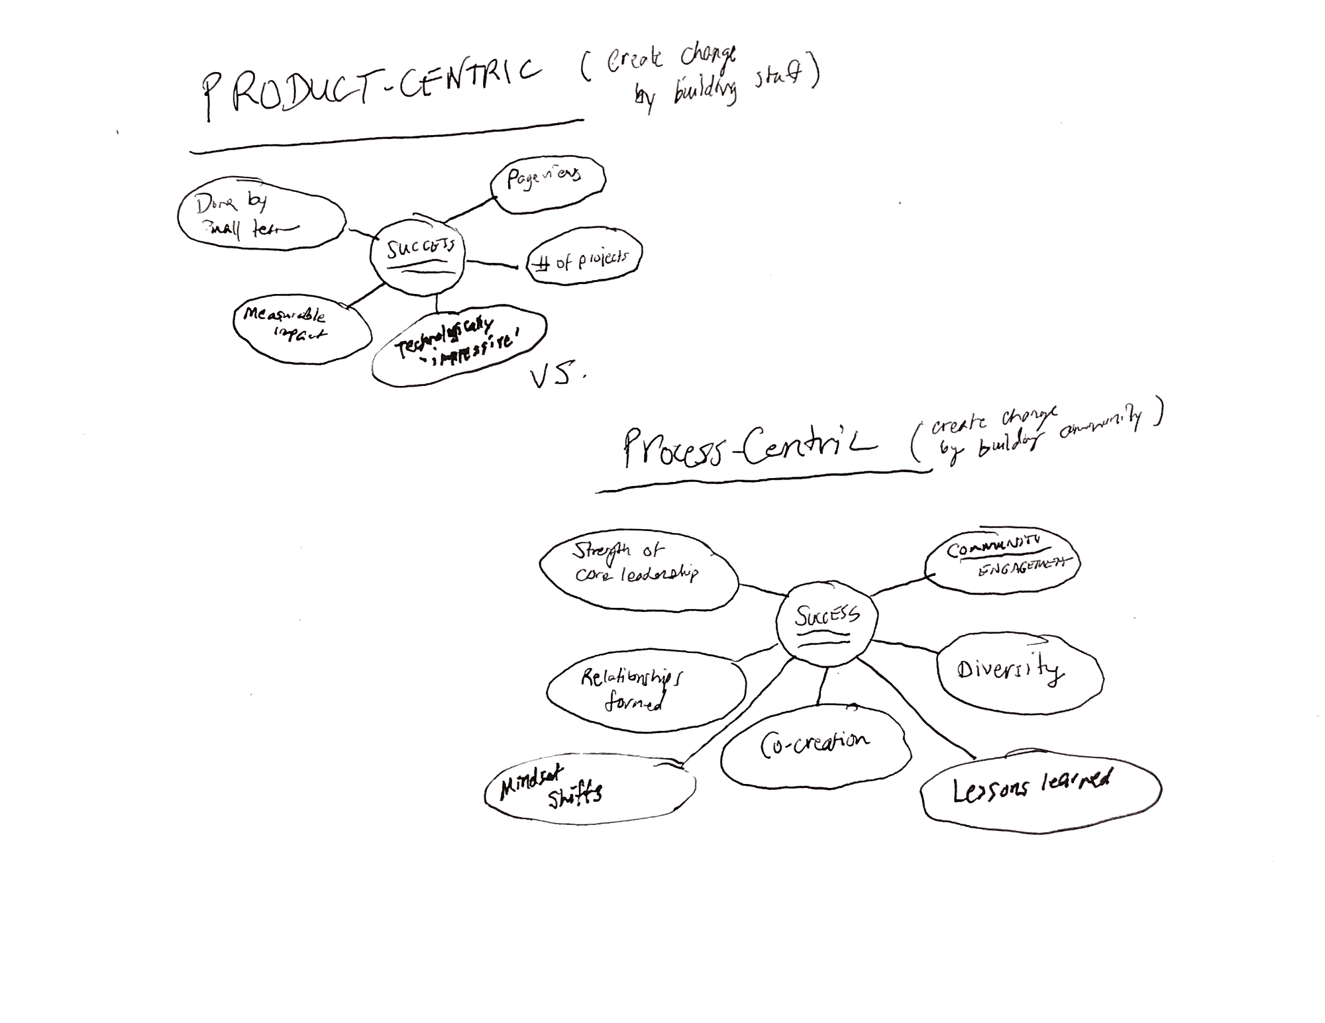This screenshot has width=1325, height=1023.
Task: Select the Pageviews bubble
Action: coord(548,184)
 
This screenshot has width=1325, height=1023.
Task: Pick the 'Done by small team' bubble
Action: coord(260,214)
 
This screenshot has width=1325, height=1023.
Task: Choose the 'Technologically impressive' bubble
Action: coord(459,348)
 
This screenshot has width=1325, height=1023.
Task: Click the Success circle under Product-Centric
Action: coord(418,255)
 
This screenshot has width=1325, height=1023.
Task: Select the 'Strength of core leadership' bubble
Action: coord(637,569)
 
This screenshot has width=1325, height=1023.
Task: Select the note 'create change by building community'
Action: coord(1037,434)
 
